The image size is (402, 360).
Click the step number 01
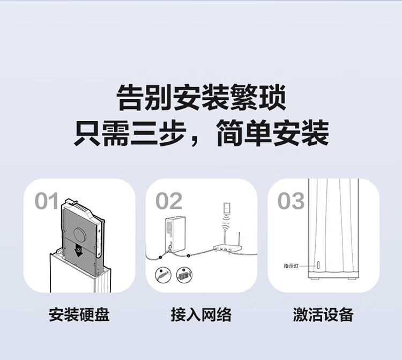(47, 201)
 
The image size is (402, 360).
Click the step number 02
(169, 201)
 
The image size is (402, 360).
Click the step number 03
(291, 201)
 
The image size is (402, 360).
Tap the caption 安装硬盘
(79, 314)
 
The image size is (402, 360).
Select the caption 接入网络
(201, 314)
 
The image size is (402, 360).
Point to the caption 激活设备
(323, 314)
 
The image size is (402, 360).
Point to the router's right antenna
(239, 239)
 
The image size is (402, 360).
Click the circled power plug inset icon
(163, 275)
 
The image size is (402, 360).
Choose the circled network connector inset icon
(184, 275)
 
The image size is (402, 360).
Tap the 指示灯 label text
(291, 266)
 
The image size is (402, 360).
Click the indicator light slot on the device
(318, 265)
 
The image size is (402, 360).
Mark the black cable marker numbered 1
(160, 257)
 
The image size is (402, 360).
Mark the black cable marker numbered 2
(189, 255)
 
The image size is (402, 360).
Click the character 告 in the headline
(130, 98)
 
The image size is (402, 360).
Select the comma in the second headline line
(195, 140)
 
